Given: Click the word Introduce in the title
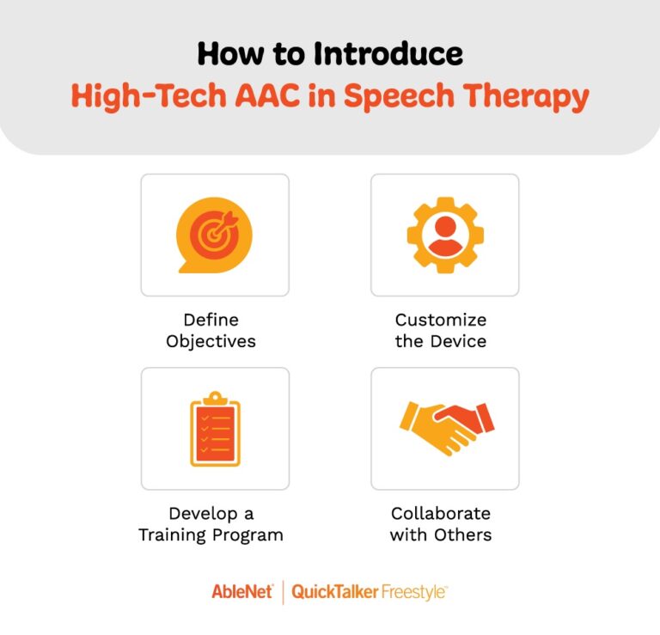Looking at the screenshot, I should [388, 53].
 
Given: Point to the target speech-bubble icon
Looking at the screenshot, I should [214, 235].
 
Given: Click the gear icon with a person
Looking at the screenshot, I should [444, 235].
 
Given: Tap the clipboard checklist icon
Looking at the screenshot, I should [214, 427].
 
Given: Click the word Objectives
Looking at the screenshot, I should [211, 340].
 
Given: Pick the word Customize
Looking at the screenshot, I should [441, 320].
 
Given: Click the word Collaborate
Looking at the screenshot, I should [441, 514].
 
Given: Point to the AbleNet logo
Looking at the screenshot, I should [242, 592].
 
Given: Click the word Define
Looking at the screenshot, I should [211, 320].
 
